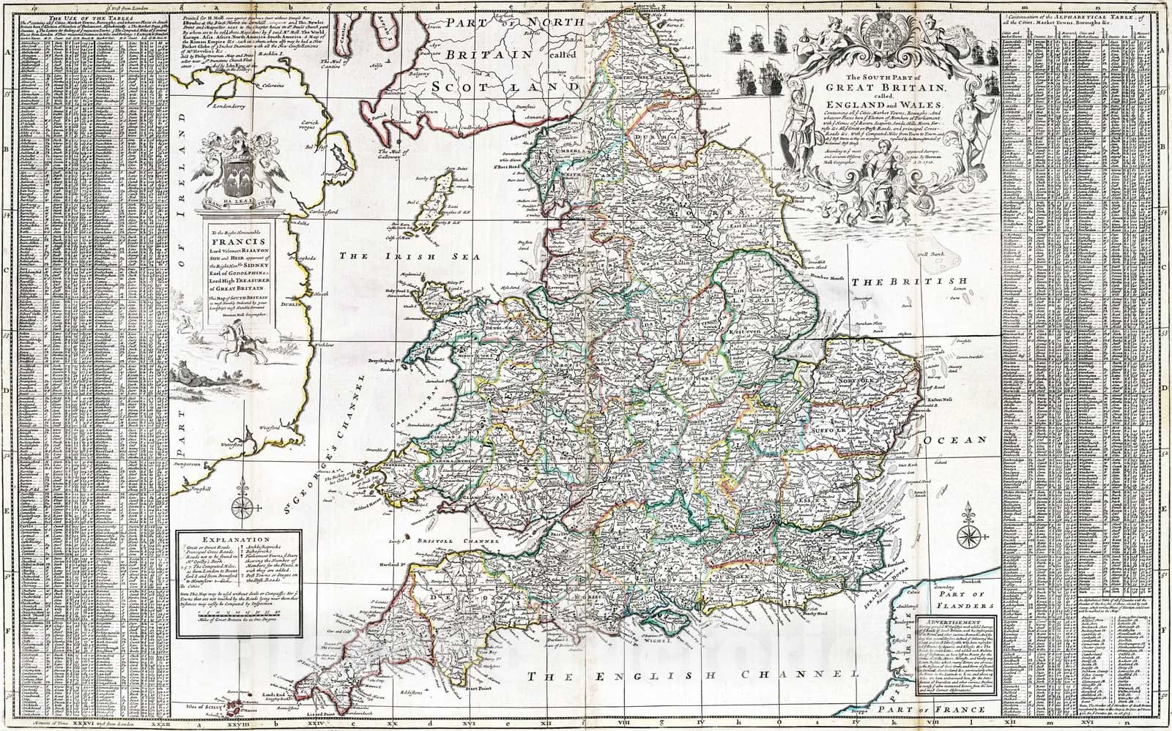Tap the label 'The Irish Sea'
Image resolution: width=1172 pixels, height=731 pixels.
(389, 257)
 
